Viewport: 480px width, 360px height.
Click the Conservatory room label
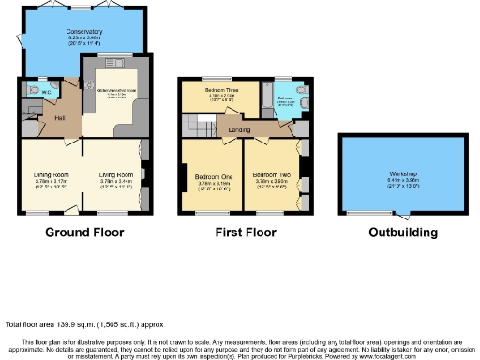[x=83, y=31]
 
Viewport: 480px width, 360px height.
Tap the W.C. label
[x=46, y=92]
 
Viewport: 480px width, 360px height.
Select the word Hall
[x=59, y=117]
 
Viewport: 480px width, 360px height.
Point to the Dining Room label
[x=52, y=174]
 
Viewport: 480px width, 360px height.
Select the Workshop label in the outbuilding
[x=389, y=174]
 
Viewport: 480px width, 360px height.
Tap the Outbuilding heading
[x=389, y=232]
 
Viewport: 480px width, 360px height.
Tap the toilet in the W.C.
[x=33, y=92]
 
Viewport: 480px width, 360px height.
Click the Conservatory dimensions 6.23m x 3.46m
[x=83, y=39]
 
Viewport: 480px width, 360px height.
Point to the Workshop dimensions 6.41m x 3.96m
[x=389, y=182]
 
